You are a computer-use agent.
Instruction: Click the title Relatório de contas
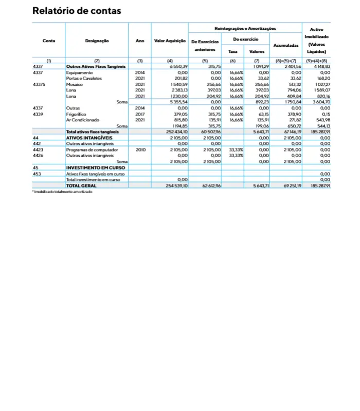[77, 11]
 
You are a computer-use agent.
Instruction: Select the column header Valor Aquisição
[170, 41]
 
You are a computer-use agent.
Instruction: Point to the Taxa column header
[232, 51]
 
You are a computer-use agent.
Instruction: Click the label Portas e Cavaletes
[84, 79]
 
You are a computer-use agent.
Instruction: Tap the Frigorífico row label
[77, 114]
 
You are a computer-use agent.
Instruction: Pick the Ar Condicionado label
[81, 120]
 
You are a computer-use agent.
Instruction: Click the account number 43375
[40, 84]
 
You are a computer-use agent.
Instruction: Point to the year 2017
[139, 114]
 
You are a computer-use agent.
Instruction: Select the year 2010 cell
[139, 150]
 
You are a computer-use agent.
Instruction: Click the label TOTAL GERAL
[81, 185]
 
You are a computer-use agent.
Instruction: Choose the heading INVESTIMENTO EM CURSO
[96, 167]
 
